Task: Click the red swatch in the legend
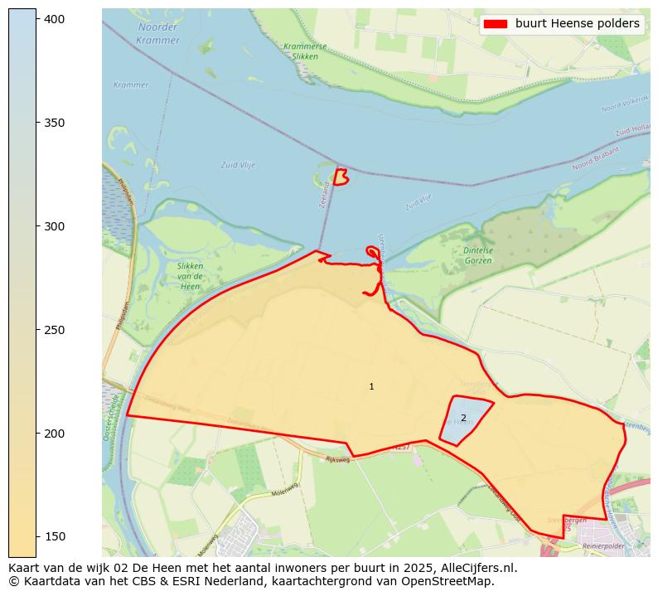496,24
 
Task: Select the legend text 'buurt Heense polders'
577,24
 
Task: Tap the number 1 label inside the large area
371,387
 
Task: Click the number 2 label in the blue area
463,418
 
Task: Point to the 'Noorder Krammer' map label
158,34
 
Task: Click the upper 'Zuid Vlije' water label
238,165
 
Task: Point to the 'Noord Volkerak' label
622,108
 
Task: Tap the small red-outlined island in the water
341,177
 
